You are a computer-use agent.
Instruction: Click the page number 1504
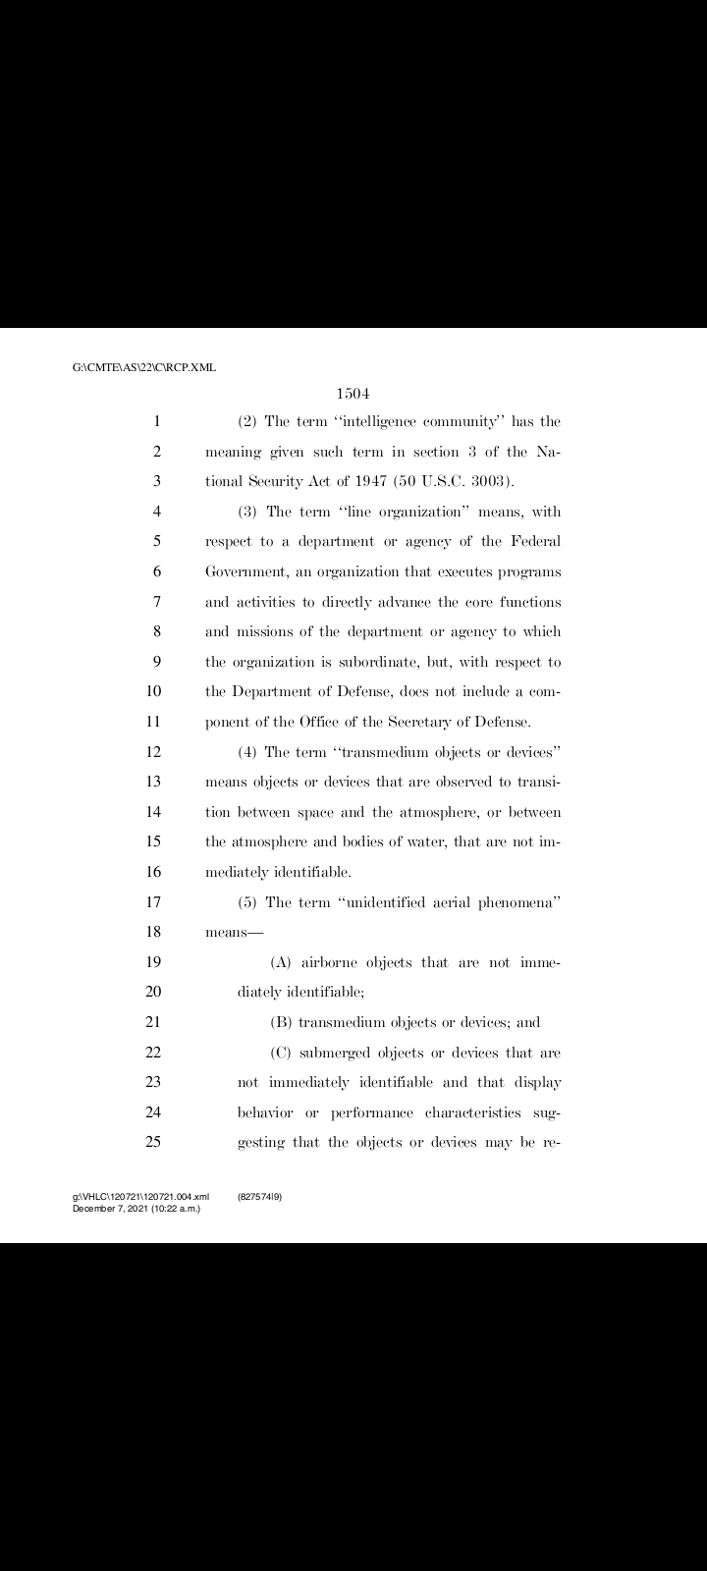point(353,394)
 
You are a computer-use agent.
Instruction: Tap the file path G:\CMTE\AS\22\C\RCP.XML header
point(144,368)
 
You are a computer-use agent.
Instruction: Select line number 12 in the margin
point(153,752)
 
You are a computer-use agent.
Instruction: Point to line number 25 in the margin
point(153,1142)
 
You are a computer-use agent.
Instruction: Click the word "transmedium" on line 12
point(391,752)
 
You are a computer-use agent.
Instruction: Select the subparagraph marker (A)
point(281,962)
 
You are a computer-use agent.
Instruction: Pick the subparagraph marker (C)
point(281,1053)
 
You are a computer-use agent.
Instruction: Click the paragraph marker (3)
point(248,512)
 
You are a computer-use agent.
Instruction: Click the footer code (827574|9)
point(260,1197)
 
